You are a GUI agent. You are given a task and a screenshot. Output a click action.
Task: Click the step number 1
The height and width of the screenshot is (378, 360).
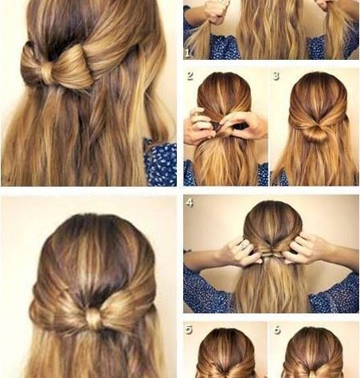pos(187,53)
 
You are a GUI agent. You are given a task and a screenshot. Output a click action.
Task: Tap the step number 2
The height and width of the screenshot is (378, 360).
pos(190,77)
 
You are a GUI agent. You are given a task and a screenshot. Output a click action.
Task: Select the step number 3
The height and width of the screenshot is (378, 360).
pos(276,77)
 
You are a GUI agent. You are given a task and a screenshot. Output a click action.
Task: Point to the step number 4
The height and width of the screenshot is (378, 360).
pos(190,203)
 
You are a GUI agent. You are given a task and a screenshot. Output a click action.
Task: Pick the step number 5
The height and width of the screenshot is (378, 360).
pos(189,330)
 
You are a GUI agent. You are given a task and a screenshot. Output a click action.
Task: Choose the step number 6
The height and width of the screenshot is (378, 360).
pos(277,330)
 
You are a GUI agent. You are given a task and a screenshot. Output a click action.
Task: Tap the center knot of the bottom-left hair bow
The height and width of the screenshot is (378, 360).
pos(94,318)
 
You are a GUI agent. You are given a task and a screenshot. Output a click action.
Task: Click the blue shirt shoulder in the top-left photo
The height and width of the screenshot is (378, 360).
pos(160,161)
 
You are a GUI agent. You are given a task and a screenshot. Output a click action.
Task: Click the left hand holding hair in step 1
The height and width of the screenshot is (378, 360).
pos(213,13)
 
